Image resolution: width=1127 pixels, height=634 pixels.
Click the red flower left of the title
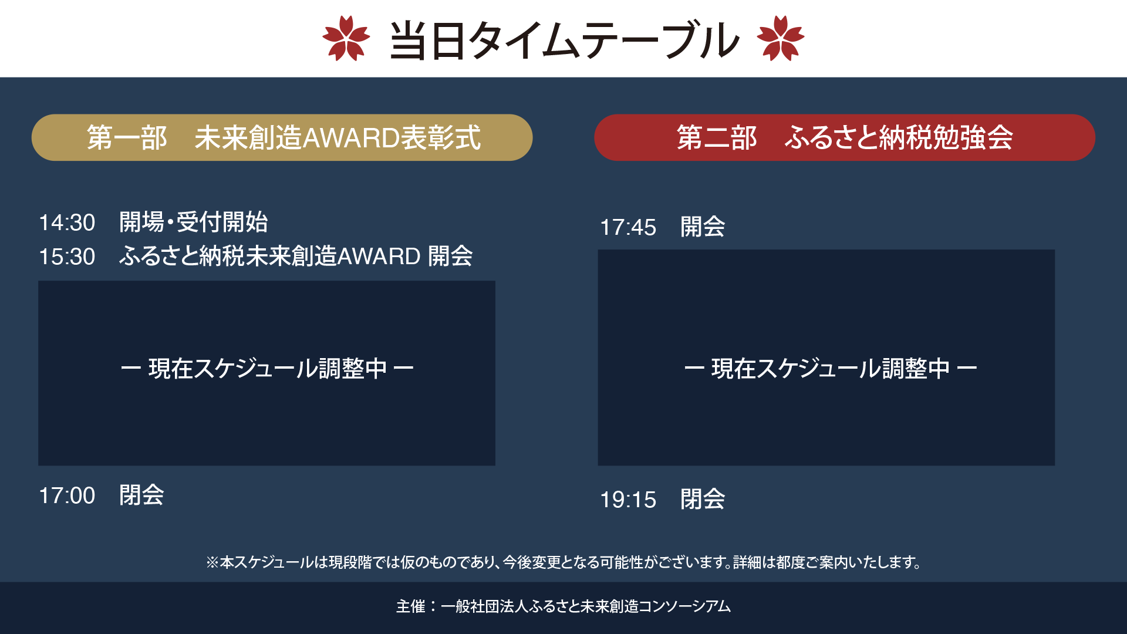point(346,38)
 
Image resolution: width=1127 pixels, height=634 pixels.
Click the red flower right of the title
point(781,38)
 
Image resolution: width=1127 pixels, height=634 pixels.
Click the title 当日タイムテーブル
point(563,40)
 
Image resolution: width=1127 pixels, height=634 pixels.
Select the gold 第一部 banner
point(282,137)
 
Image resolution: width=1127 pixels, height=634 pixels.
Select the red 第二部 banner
point(845,137)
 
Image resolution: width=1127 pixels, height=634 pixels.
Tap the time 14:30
point(67,223)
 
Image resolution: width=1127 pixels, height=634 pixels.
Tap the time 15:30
point(67,257)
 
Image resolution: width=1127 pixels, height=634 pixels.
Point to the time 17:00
point(67,496)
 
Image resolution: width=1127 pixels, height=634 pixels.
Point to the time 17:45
point(628,228)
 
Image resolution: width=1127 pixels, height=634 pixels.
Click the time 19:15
point(628,500)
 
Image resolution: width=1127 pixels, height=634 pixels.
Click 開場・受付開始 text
point(194,222)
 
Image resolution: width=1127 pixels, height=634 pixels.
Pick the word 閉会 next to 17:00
point(141,495)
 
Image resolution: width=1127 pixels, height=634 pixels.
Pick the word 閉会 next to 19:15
point(703,500)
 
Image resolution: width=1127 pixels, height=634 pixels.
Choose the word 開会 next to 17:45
point(703,227)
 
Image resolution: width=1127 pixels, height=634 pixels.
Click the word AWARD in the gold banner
point(351,138)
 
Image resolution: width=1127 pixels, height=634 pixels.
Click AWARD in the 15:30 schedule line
point(379,257)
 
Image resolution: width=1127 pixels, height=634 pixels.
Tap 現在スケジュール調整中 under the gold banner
point(267,369)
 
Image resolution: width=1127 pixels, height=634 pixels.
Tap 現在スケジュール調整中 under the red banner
point(831,369)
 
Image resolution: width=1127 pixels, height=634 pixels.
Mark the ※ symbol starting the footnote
point(212,562)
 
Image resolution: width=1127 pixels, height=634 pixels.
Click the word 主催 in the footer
point(411,606)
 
